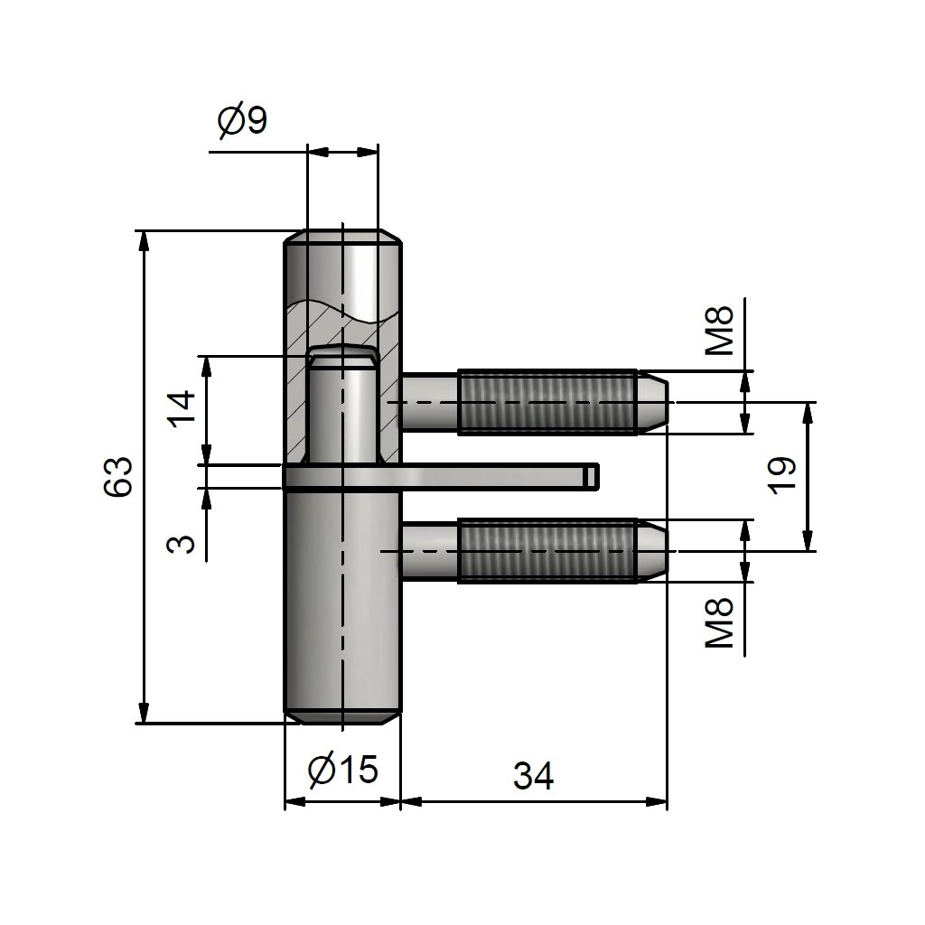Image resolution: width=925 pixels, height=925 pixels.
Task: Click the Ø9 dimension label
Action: coord(242,121)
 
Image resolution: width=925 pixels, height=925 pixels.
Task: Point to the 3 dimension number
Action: coord(182,543)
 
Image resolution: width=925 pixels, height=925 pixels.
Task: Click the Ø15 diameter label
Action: coord(341,770)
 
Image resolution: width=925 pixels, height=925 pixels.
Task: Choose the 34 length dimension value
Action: coord(533,775)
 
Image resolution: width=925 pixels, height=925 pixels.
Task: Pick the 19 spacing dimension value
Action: coord(783,474)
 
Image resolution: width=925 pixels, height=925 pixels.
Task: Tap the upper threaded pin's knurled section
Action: coord(547,402)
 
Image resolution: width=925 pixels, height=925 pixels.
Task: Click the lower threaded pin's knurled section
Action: coord(547,551)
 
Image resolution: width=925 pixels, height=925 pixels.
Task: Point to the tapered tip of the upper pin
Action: coord(654,402)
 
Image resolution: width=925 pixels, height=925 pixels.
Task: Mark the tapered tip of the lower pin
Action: coord(654,551)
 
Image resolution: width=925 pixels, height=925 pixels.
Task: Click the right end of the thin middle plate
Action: coord(592,476)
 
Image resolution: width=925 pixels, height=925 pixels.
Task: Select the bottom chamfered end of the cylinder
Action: coord(343,715)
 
